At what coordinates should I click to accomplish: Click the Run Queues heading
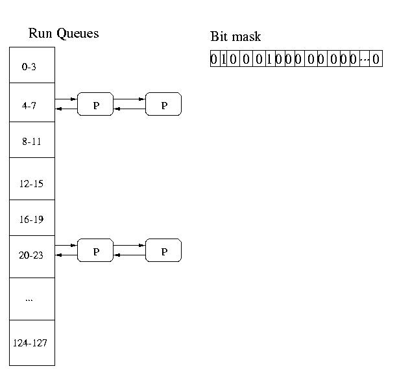[64, 33]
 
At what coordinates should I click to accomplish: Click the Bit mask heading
[235, 36]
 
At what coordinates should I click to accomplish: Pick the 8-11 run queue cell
[31, 141]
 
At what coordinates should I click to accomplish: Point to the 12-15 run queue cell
[31, 184]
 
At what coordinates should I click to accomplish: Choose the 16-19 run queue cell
[31, 220]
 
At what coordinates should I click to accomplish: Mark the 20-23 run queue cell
[31, 255]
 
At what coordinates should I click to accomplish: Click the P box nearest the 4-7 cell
[95, 105]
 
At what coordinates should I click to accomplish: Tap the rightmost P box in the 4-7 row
[163, 105]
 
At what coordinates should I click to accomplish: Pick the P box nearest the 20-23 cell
[95, 251]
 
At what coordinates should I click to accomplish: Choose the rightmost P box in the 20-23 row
[163, 251]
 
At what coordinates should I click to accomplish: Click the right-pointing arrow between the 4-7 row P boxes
[129, 99]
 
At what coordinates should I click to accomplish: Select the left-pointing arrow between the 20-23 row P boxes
[129, 255]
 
